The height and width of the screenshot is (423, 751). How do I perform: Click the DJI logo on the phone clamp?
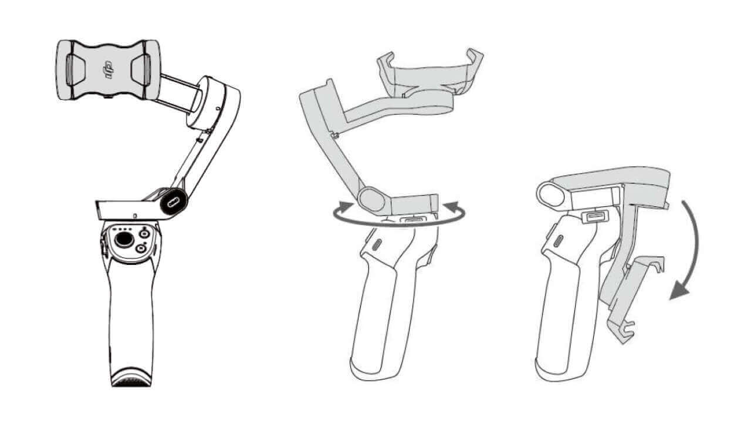tap(109, 70)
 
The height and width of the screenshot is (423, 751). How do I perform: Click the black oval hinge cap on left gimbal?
tap(174, 201)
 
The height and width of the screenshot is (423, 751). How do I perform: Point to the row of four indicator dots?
tap(123, 229)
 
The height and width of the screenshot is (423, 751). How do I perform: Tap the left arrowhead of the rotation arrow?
tap(346, 205)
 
